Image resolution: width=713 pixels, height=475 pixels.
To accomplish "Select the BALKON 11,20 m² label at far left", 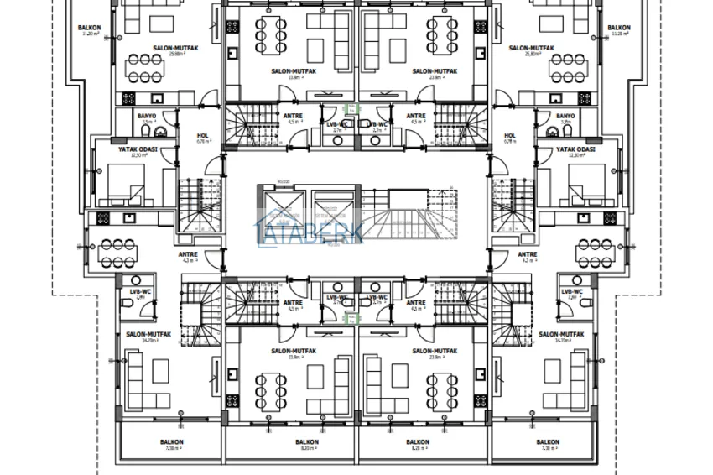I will tap(90, 30).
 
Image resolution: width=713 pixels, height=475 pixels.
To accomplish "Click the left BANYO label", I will tap(148, 117).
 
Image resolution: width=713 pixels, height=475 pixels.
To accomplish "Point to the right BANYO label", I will tap(565, 117).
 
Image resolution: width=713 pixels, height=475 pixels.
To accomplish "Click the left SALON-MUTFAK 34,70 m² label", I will tap(148, 337).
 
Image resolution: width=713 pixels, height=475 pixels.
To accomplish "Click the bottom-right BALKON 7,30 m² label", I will tap(548, 444).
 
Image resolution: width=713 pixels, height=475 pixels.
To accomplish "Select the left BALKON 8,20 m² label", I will tap(307, 444).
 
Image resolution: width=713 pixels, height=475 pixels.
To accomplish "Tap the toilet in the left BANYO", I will tap(165, 132).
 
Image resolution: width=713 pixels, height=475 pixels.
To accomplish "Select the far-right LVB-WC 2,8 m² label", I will tap(572, 294).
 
